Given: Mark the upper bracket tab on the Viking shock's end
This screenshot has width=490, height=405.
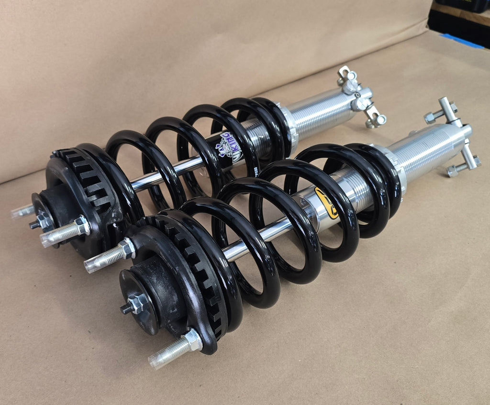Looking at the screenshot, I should pyautogui.click(x=347, y=77).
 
